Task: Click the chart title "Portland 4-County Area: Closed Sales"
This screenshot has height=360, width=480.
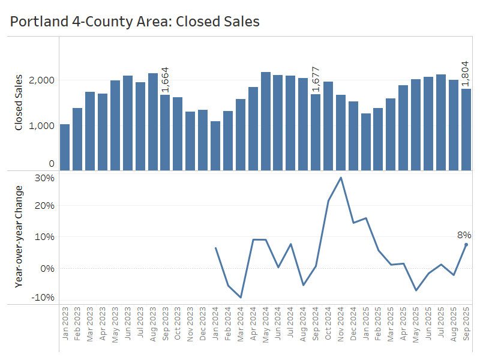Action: (135, 22)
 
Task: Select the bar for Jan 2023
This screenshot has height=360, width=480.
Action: (65, 147)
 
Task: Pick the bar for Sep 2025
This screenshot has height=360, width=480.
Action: (466, 130)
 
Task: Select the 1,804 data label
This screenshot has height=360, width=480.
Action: (466, 74)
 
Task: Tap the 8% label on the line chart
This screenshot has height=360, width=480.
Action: (464, 235)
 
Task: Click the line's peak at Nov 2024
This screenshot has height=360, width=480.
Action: (341, 178)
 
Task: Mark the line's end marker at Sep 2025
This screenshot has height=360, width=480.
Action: (466, 245)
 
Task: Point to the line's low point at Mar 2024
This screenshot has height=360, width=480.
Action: (241, 297)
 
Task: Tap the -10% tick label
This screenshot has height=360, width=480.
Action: (44, 298)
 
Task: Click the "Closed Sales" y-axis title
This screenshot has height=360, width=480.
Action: (19, 103)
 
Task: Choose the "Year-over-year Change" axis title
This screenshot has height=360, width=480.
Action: (19, 236)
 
